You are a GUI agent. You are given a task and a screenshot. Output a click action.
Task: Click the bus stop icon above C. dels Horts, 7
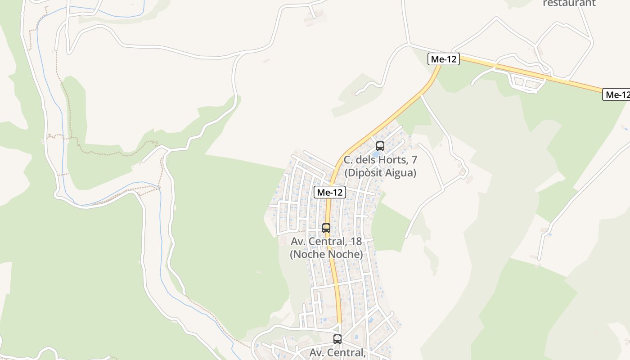pos(380,146)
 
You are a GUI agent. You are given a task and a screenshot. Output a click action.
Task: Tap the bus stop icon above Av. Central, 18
pos(326,228)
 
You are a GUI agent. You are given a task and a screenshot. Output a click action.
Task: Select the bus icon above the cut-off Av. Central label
pos(337,339)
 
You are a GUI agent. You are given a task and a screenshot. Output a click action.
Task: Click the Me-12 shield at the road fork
pos(444,59)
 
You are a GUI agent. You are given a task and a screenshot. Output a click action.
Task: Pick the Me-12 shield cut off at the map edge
pos(616,94)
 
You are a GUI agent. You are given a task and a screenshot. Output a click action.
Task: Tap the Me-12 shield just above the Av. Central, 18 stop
pos(330,192)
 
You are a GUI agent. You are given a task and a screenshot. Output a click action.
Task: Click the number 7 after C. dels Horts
pos(414,160)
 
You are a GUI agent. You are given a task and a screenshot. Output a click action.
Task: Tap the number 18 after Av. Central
pos(355,241)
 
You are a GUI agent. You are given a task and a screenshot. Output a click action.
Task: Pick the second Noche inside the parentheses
pos(345,254)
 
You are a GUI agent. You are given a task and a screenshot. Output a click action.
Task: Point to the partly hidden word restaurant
pos(569,3)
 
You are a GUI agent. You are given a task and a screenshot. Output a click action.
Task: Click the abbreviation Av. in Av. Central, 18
pos(298,241)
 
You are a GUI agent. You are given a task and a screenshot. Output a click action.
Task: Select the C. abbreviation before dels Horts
pos(348,160)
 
